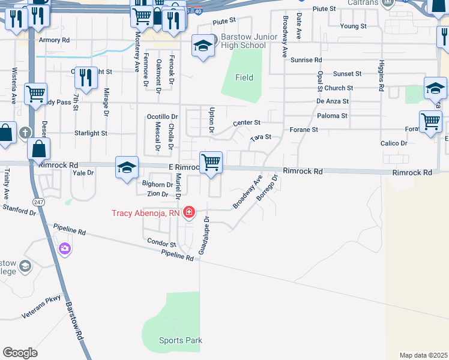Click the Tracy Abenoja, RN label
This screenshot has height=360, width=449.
point(145,213)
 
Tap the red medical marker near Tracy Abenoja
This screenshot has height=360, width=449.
point(189,212)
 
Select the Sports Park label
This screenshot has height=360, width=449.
point(180,340)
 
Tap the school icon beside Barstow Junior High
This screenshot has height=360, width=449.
point(203,46)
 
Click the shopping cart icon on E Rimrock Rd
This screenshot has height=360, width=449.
point(211,163)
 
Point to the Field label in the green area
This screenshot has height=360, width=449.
point(244,77)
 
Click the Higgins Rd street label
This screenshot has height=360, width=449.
point(381,76)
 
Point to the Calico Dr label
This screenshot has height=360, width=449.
point(394,143)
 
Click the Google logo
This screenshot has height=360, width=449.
point(20,353)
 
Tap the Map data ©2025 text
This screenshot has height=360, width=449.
point(423,355)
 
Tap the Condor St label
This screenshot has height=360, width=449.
point(161,242)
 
